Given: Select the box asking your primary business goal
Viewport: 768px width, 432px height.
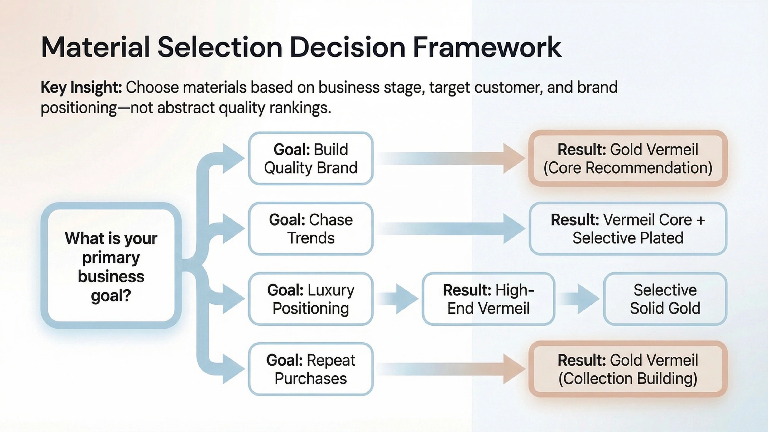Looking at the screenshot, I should coord(111,266).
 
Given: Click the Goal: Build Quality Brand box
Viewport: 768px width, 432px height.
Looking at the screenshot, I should coord(311,159).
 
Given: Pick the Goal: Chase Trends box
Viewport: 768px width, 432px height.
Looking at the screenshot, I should coord(311,229).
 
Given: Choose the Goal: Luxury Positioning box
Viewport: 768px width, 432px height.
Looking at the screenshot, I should coord(311,299).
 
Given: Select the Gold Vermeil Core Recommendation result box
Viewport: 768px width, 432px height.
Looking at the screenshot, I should coord(628,159).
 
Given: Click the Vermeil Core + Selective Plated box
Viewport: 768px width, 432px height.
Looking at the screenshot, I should coord(628,229).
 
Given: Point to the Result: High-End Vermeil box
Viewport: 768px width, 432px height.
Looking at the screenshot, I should coord(488,299).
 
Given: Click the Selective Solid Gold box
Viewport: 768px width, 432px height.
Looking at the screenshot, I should coord(665,299).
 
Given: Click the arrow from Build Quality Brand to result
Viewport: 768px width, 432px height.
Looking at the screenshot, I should coord(450,158).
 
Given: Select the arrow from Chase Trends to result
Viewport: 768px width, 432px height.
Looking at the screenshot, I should coord(450,229).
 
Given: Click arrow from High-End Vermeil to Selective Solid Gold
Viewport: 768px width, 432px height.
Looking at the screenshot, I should coord(579,299).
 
